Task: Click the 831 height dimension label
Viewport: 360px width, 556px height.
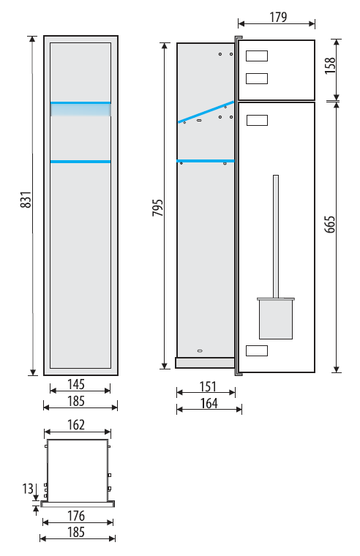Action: pos(27,200)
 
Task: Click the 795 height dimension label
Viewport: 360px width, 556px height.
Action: pos(157,208)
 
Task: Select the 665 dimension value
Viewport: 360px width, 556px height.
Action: pos(329,224)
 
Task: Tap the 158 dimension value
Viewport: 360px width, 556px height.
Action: pos(330,65)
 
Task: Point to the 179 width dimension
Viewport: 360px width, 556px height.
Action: pos(278,17)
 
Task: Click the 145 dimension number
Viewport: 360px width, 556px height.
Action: pos(76,383)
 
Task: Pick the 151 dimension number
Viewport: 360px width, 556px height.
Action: pos(208,386)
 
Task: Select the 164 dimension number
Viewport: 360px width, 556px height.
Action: pos(209,403)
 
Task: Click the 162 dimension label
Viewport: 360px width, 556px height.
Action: pos(76,424)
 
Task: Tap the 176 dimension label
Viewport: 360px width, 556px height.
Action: pos(76,516)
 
